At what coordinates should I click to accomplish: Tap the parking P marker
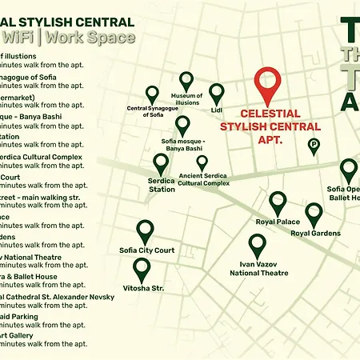tap(314, 146)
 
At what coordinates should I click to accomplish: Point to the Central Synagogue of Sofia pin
tap(152, 95)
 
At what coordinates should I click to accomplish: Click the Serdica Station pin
tap(161, 164)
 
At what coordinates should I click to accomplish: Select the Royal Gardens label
tap(315, 233)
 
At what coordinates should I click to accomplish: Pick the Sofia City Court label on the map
tap(147, 250)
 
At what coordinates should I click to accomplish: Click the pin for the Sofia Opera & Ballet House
tap(348, 170)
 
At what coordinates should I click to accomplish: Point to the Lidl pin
tap(217, 94)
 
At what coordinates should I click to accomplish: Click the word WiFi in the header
tap(17, 37)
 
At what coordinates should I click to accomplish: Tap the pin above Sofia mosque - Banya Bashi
tap(182, 125)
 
